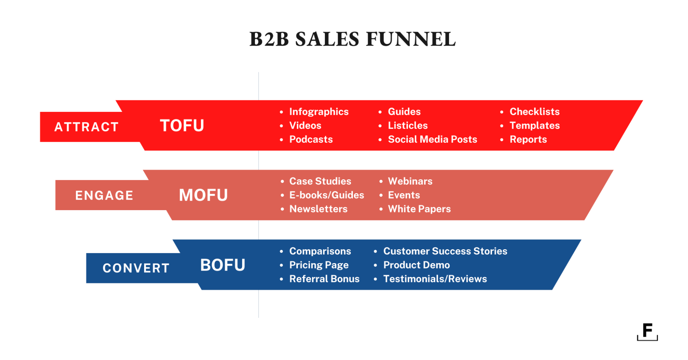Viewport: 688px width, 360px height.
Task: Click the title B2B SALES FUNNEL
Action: (352, 39)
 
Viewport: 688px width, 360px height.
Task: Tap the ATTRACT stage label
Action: (86, 127)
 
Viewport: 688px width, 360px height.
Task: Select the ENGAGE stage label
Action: (104, 196)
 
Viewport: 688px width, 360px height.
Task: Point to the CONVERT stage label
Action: (136, 268)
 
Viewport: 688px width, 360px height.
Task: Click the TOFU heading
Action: (182, 126)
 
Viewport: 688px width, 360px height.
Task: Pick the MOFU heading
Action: (203, 195)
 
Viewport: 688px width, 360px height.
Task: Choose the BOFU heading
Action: (223, 265)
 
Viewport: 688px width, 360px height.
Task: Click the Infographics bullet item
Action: (319, 112)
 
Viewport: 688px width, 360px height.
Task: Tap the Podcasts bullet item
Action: (311, 140)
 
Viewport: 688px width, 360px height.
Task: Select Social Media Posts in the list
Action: (432, 140)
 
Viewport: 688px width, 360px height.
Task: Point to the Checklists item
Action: (534, 112)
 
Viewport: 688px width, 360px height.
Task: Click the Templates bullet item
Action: (534, 126)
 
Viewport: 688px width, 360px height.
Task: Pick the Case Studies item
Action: (320, 181)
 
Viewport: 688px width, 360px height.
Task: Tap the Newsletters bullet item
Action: (318, 209)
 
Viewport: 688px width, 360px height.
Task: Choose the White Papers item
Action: (419, 209)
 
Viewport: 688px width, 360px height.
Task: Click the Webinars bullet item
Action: (410, 181)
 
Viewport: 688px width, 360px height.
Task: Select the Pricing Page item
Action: (319, 265)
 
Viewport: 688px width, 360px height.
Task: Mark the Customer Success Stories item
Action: (445, 251)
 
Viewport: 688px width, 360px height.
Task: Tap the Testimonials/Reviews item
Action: (435, 279)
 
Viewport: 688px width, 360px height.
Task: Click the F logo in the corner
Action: (647, 332)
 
